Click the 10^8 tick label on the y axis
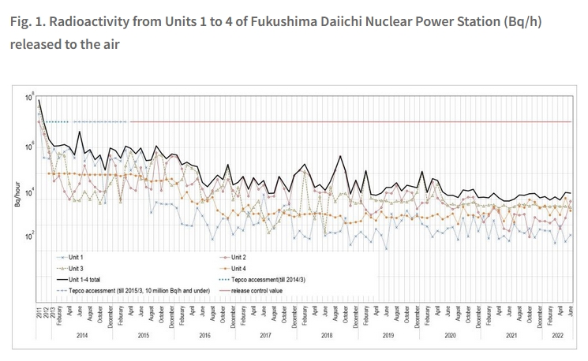pyautogui.click(x=30, y=97)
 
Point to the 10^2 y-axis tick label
pyautogui.click(x=30, y=236)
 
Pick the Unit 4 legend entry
pyautogui.click(x=250, y=269)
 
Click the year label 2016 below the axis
pyautogui.click(x=204, y=336)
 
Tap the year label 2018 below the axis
pyautogui.click(x=326, y=336)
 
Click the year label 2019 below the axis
pyautogui.click(x=388, y=336)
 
